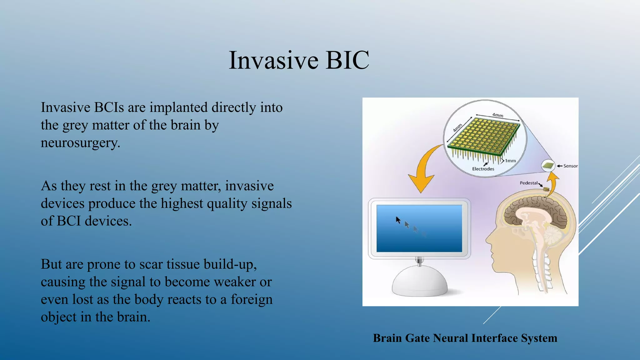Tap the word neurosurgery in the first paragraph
(80, 143)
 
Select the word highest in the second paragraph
(182, 203)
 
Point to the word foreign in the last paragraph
(252, 299)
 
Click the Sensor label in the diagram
(570, 166)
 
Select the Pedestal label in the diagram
(528, 183)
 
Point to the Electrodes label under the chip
(483, 169)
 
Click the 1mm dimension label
(510, 161)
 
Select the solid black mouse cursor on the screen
(398, 220)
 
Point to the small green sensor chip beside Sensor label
(548, 166)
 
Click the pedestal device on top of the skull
(546, 189)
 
